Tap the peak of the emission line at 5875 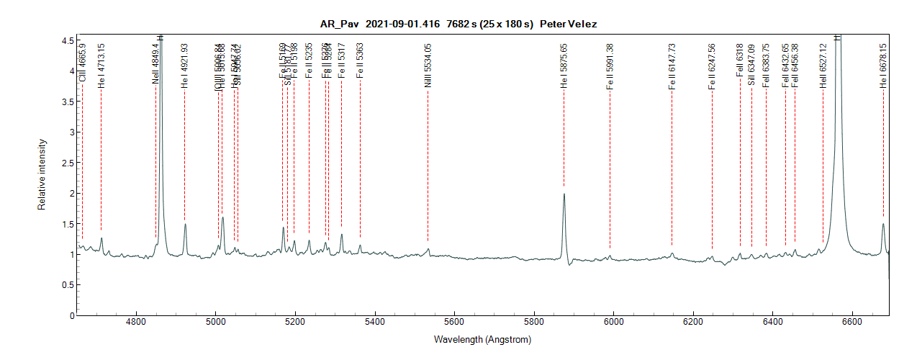point(564,194)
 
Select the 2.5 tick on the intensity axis point(67,163)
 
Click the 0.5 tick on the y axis point(67,285)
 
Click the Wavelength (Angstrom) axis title point(482,339)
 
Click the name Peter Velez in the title point(573,24)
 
